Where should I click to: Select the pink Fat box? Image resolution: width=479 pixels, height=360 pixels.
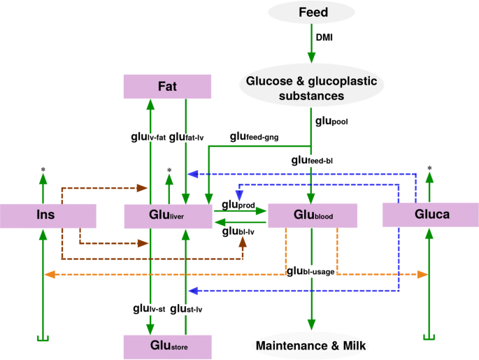[167, 87]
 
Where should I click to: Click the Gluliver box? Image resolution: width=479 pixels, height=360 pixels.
[168, 216]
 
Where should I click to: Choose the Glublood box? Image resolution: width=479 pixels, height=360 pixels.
[308, 216]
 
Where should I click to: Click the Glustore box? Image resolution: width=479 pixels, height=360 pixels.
[167, 346]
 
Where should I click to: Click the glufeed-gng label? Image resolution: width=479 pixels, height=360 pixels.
[255, 137]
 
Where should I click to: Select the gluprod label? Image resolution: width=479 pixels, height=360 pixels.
[238, 205]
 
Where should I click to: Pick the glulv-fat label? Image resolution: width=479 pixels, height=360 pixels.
[147, 137]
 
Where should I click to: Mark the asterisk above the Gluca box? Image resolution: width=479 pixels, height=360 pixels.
[429, 168]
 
